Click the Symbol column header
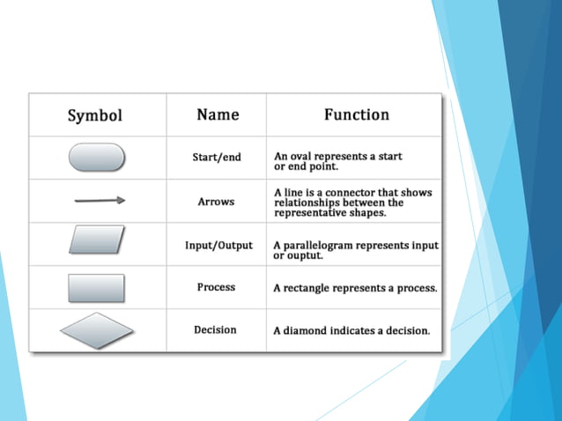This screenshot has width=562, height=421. tap(95, 115)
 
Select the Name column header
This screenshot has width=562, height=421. tap(218, 114)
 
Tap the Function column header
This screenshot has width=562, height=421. tap(356, 114)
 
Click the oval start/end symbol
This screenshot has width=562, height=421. tap(96, 157)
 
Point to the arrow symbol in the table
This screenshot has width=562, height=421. tap(100, 200)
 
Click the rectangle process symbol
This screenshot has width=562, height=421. tap(96, 287)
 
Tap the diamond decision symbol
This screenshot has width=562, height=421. tap(97, 331)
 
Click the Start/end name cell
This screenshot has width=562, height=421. tap(217, 158)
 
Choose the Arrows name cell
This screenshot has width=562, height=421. tap(216, 202)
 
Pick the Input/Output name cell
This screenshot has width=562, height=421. tap(218, 245)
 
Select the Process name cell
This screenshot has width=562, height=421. tap(216, 287)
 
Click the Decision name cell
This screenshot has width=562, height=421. tap(215, 330)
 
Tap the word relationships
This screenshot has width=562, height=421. tap(312, 203)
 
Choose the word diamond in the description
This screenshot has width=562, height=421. tap(305, 331)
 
